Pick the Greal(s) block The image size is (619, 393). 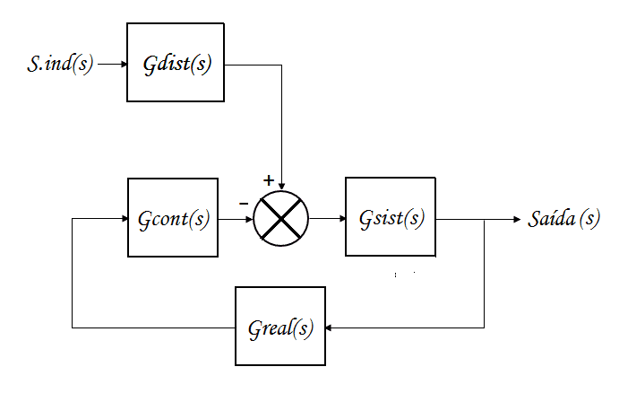[280, 327]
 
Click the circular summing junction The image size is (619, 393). [280, 219]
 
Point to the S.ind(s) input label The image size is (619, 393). [60, 65]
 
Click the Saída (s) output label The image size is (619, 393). [564, 219]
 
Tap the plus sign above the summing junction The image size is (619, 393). [268, 180]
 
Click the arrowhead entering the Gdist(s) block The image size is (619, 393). [123, 65]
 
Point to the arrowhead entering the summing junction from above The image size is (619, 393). [281, 186]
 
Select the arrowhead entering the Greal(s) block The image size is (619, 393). [330, 327]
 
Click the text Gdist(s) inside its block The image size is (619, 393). [177, 65]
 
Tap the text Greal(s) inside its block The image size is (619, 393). [280, 327]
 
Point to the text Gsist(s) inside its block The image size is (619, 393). [391, 219]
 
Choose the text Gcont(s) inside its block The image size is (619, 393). [173, 219]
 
